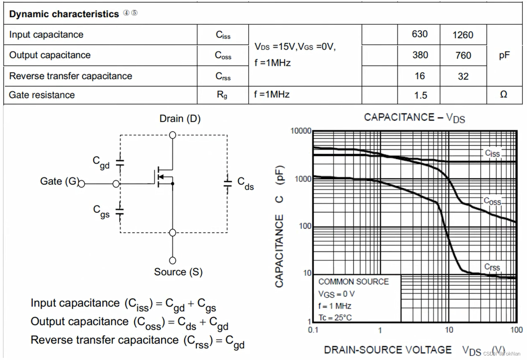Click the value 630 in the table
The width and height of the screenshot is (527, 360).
click(419, 34)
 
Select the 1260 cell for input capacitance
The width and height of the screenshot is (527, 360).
click(463, 35)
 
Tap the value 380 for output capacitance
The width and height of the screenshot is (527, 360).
click(420, 55)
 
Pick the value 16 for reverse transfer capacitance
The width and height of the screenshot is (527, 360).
click(420, 76)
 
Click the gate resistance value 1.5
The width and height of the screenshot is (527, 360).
click(420, 95)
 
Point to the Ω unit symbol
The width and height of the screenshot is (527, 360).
click(504, 95)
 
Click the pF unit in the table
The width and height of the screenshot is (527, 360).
click(504, 55)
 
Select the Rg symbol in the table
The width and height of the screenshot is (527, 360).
click(222, 95)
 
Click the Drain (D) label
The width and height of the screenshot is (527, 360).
click(180, 119)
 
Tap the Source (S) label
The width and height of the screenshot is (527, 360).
click(178, 272)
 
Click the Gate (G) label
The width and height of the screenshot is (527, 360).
click(59, 181)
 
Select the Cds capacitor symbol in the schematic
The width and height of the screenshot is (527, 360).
click(228, 182)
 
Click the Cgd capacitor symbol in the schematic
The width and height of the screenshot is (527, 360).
click(120, 163)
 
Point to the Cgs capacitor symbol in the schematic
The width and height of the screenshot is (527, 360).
click(120, 212)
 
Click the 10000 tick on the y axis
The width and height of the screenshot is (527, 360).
click(301, 131)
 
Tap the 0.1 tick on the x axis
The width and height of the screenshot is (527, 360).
click(313, 330)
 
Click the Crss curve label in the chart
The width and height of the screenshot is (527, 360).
click(492, 267)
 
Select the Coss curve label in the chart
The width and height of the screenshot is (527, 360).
click(492, 201)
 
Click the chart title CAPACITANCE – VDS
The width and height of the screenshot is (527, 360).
click(414, 118)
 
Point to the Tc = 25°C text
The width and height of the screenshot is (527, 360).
click(335, 317)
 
